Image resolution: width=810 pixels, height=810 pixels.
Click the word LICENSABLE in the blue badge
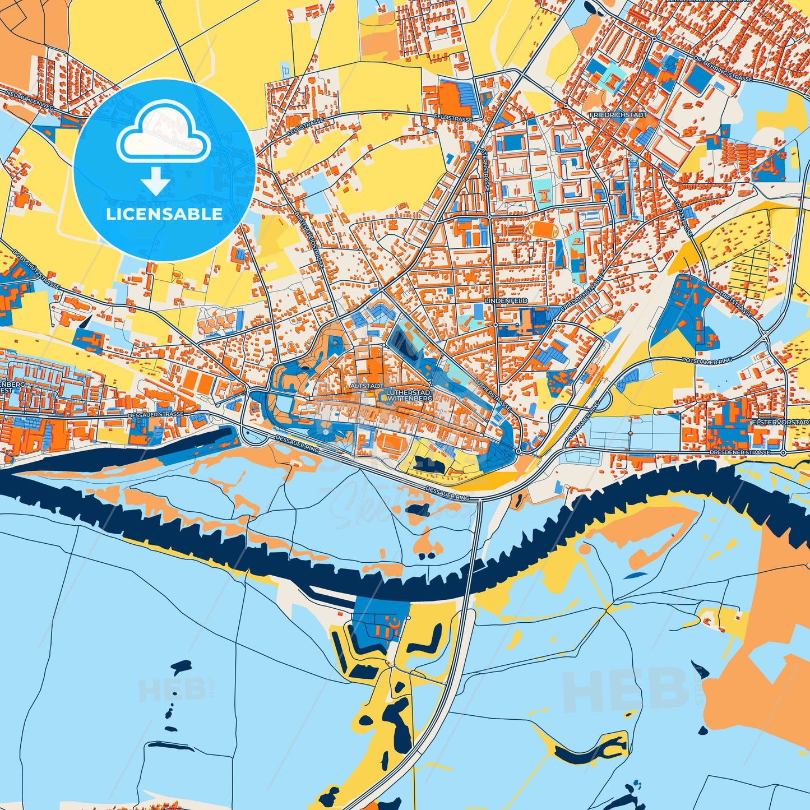click(x=164, y=214)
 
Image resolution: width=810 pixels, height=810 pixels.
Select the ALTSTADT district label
click(x=367, y=386)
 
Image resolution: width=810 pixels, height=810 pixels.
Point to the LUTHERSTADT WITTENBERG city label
click(x=408, y=395)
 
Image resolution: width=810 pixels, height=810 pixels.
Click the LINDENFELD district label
click(x=506, y=301)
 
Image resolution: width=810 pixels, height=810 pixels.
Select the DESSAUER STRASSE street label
click(x=155, y=414)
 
